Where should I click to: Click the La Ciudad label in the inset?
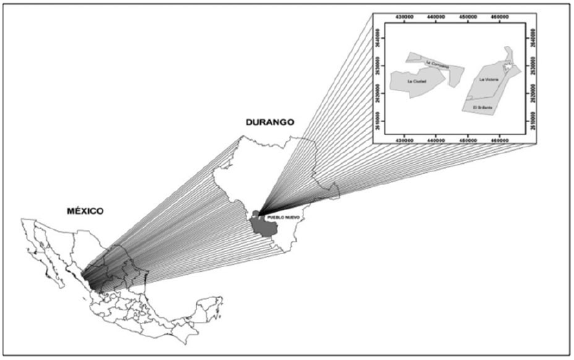[x=416, y=83]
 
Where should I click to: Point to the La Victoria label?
[x=490, y=80]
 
